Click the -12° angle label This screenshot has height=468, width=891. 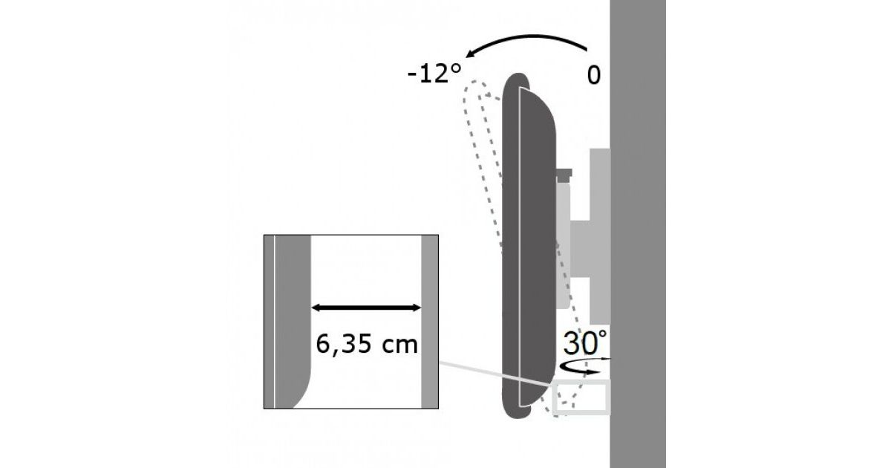(x=434, y=74)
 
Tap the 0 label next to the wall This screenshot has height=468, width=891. (x=593, y=75)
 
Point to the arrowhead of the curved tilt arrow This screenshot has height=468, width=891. (x=471, y=53)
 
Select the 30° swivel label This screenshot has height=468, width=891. (x=585, y=342)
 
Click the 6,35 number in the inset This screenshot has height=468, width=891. (x=344, y=345)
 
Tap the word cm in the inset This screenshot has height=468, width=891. (x=399, y=345)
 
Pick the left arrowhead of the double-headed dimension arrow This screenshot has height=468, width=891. (x=316, y=308)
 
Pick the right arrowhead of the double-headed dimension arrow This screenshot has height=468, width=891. (x=417, y=308)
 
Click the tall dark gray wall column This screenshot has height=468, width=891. (x=638, y=234)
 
